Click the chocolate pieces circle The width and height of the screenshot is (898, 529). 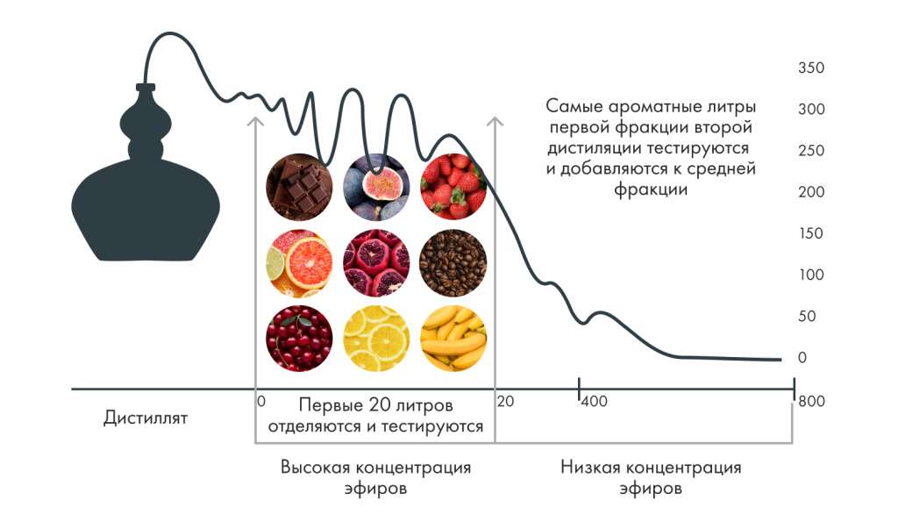click(299, 186)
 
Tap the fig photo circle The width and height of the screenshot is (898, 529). click(376, 186)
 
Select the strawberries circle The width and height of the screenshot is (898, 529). click(453, 186)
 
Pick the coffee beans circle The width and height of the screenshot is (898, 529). click(453, 262)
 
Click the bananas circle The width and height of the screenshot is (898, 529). click(453, 339)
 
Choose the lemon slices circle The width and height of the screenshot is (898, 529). click(376, 339)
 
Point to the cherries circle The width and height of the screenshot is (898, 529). click(299, 339)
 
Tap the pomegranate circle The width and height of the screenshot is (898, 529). click(376, 262)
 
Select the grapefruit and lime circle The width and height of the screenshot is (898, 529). click(299, 262)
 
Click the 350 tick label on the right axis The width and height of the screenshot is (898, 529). click(809, 68)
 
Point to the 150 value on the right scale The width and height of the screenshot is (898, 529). click(809, 233)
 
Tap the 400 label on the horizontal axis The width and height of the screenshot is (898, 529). click(595, 402)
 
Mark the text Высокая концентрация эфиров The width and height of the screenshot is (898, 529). click(375, 478)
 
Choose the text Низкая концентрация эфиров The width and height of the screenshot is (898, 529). click(651, 478)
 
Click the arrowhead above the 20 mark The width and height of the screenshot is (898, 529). click(495, 122)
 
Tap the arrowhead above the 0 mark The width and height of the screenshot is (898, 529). click(255, 122)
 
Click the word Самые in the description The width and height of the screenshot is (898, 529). click(574, 106)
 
